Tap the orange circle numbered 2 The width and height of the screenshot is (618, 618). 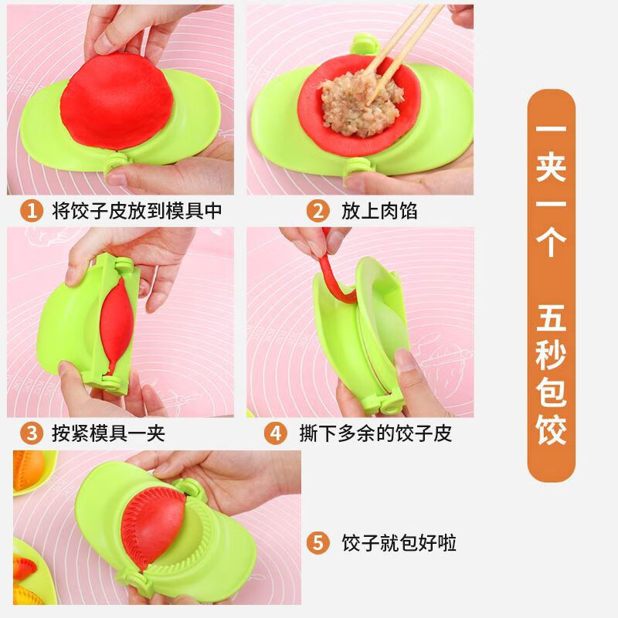tap(317, 211)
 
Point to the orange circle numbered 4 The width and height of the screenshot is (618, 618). tap(277, 433)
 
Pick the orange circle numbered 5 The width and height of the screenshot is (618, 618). tap(317, 543)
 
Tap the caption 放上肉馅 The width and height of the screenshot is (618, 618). tap(379, 211)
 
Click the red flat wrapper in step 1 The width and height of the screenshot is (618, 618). tap(116, 97)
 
